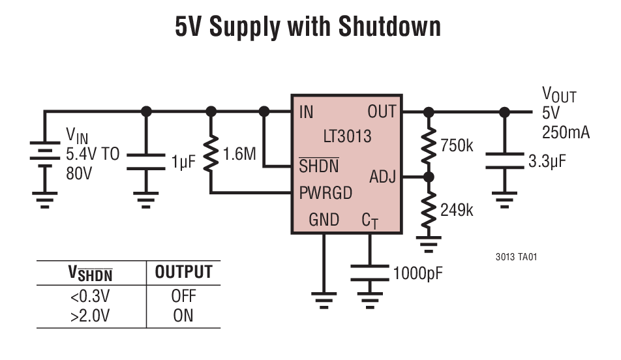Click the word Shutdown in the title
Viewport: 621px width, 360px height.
[389, 27]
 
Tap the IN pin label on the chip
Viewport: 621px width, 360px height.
[306, 112]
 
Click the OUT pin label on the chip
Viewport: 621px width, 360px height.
[381, 112]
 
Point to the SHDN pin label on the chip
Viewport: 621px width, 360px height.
[319, 166]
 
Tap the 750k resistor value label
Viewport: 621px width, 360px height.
[457, 145]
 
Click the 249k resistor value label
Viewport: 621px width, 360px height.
[457, 210]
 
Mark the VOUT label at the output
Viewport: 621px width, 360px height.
[559, 95]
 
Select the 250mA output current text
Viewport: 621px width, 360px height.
[566, 132]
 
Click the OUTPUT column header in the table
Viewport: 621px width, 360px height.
[183, 273]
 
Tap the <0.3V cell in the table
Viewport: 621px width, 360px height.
[90, 296]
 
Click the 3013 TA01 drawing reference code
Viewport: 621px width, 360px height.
[516, 256]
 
